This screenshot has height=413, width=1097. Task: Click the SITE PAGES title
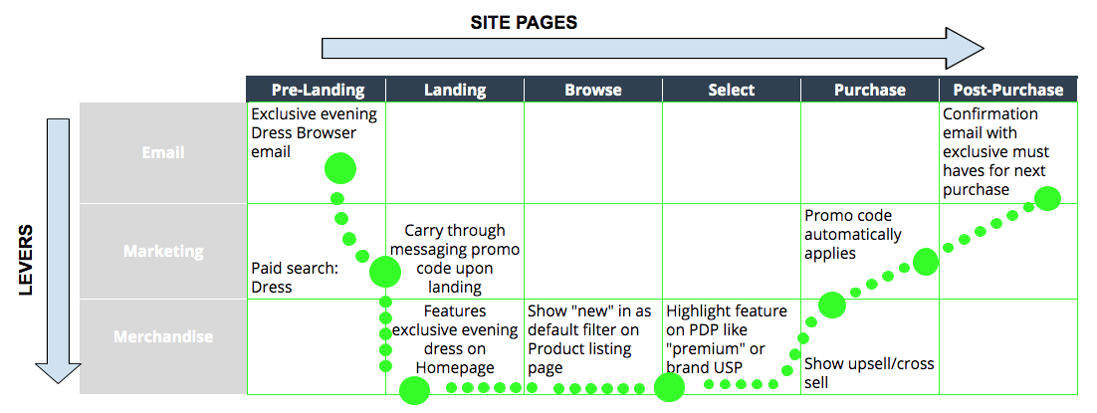coord(524,22)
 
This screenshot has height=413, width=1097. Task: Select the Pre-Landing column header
coord(317,90)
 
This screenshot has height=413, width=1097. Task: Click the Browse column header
coord(593,90)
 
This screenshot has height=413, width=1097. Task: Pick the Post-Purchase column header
coord(1008,90)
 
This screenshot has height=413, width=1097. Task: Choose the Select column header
coord(732,90)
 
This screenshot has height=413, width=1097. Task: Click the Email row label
coord(162,153)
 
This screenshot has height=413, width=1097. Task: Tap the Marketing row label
coord(162,251)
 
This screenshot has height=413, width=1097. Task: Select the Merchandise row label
coord(162,336)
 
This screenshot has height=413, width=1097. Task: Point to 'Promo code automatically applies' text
coord(853,235)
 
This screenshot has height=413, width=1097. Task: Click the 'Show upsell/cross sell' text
coord(868,373)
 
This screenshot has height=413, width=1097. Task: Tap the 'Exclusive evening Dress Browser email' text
coord(314,132)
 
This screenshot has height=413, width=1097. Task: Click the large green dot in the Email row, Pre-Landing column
coord(340,168)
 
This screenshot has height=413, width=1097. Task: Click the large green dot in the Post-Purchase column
coord(1047,198)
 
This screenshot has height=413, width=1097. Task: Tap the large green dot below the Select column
coord(670,387)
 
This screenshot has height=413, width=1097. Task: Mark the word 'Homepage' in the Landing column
coord(455,367)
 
